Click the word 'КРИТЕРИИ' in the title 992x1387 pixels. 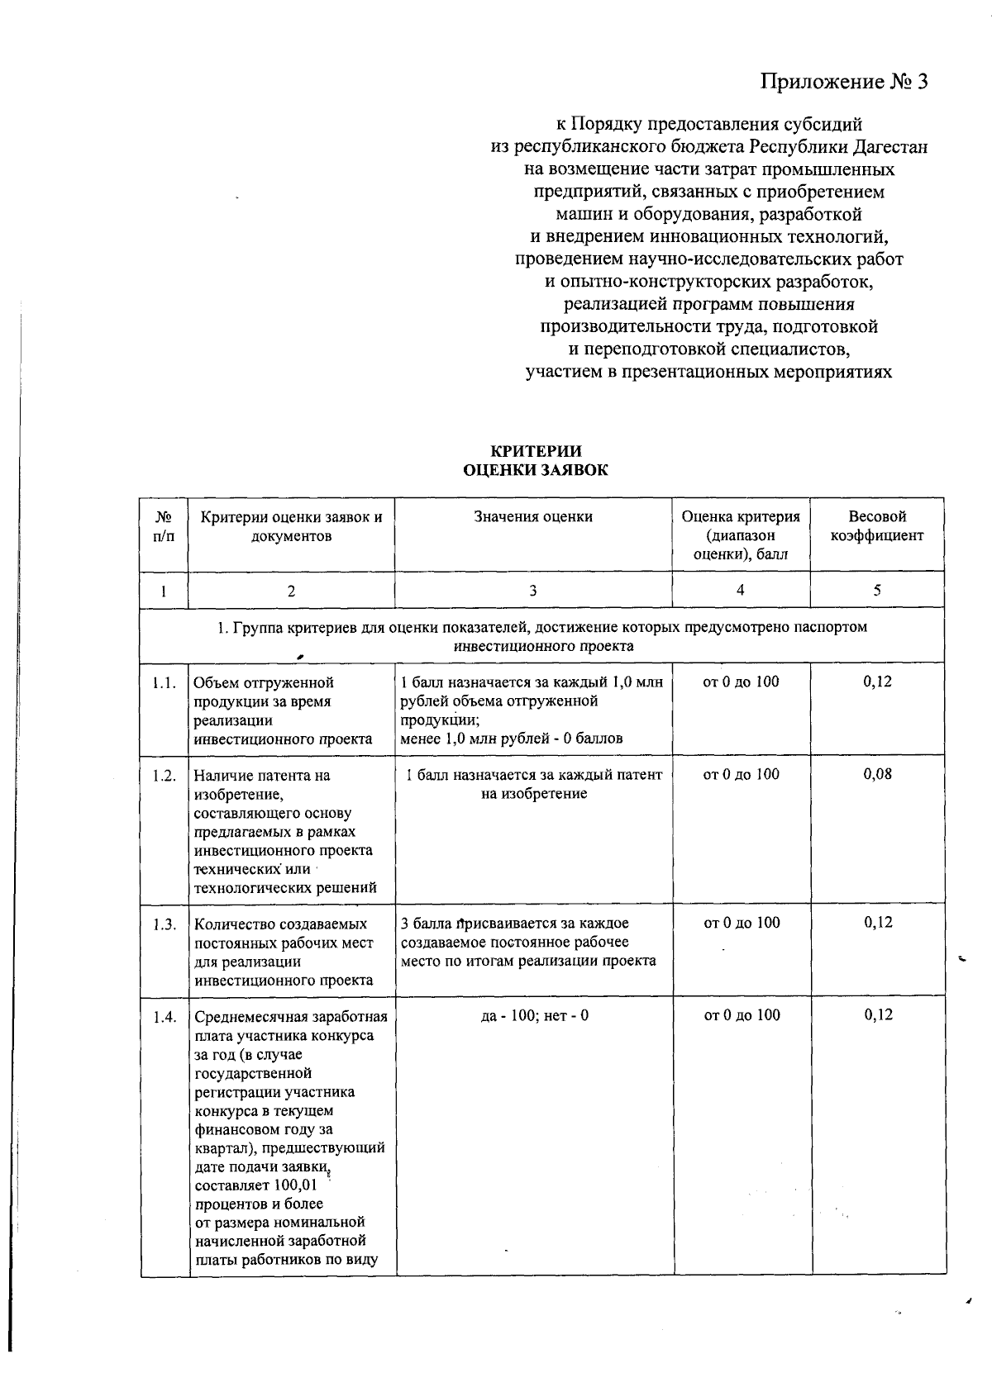[537, 451]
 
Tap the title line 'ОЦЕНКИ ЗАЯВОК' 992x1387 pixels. [537, 470]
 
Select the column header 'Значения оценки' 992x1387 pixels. [533, 516]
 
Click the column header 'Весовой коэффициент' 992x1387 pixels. [877, 525]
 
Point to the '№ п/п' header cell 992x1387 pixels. [164, 525]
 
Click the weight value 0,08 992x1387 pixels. [877, 774]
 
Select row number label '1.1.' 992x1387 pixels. [164, 683]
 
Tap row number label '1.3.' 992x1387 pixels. [164, 924]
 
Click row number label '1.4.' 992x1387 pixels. [164, 1016]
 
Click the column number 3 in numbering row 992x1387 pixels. [533, 591]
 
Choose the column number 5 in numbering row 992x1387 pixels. [877, 590]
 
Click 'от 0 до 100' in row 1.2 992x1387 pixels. [741, 774]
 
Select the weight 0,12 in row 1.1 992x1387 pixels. [877, 682]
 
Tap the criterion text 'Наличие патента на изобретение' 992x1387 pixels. [261, 784]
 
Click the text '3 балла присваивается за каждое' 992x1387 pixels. [514, 924]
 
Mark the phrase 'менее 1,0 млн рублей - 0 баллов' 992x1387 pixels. [511, 739]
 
